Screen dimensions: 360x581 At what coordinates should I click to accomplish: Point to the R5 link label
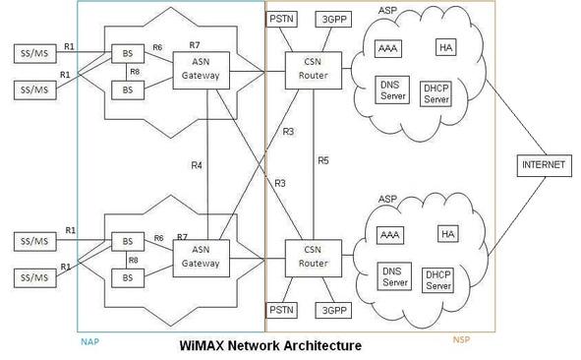[x=322, y=160]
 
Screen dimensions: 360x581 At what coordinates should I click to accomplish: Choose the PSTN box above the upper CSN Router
[x=282, y=19]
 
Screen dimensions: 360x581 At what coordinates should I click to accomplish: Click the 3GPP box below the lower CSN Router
[x=331, y=310]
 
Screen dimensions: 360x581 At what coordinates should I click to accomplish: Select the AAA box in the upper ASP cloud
[x=389, y=47]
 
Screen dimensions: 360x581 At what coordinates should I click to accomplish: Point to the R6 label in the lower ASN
[x=158, y=238]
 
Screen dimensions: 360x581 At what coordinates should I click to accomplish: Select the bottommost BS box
[x=127, y=279]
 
